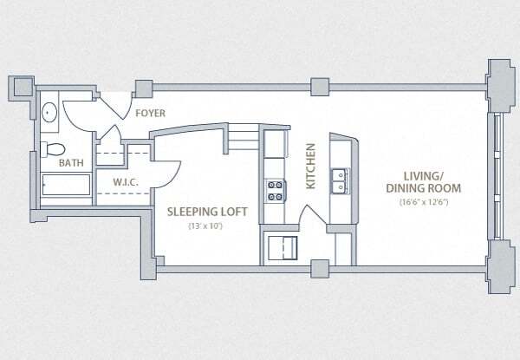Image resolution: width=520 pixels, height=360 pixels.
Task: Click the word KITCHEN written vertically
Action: [309, 167]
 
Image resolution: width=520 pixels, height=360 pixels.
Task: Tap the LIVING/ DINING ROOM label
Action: [422, 180]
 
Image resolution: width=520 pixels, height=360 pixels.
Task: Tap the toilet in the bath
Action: [53, 147]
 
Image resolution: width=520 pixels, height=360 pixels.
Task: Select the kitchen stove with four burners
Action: [275, 190]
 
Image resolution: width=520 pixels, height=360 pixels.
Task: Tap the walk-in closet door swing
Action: [165, 173]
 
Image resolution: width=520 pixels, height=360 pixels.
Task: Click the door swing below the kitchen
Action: [310, 219]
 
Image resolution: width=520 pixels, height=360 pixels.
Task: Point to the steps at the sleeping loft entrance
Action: [245, 133]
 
